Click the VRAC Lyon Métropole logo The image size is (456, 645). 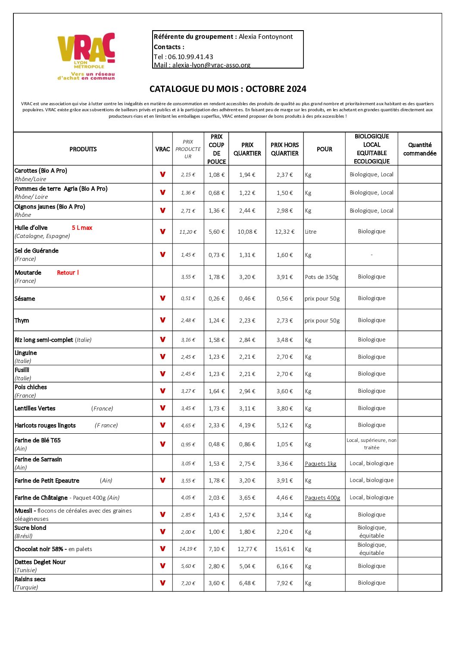click(x=86, y=56)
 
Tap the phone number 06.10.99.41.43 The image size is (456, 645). click(x=191, y=57)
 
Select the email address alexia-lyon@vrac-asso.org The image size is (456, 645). click(x=211, y=65)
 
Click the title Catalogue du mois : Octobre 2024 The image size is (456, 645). click(x=228, y=89)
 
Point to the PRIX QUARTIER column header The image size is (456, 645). click(x=247, y=149)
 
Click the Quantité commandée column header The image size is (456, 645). click(x=420, y=149)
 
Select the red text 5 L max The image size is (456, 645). click(x=82, y=228)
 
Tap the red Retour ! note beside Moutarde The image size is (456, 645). click(x=68, y=273)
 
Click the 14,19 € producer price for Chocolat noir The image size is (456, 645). click(x=188, y=549)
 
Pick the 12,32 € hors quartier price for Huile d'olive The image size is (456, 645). click(x=284, y=232)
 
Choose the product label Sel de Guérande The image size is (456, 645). click(x=37, y=251)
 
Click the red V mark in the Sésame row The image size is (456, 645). click(x=162, y=298)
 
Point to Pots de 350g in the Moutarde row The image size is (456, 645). click(x=322, y=277)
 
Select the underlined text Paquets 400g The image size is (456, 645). click(x=322, y=498)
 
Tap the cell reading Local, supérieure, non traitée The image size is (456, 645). click(x=372, y=444)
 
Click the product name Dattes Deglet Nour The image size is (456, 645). click(x=40, y=562)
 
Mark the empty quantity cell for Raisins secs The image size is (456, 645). click(x=420, y=583)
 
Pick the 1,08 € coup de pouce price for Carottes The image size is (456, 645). click(x=216, y=175)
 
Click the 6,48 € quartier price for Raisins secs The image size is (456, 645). click(x=247, y=583)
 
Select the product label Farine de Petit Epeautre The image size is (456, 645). click(x=47, y=481)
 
